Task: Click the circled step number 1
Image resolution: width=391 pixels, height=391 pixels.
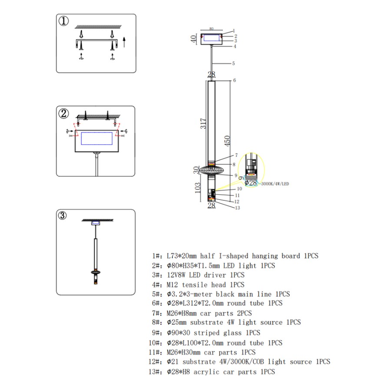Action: [x=64, y=21]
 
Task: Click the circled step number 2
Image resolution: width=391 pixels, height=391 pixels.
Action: [x=64, y=114]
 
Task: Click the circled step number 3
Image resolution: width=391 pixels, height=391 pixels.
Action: [x=63, y=215]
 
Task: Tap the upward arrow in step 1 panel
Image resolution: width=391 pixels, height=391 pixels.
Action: [x=124, y=42]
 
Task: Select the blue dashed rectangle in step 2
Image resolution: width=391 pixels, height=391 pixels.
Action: [x=96, y=138]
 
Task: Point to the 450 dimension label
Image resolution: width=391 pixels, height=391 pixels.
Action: [x=227, y=140]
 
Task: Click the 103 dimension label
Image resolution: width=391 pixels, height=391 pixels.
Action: [x=198, y=188]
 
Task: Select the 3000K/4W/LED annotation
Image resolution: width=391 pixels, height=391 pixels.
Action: [x=275, y=184]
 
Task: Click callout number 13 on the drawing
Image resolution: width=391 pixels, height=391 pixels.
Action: [x=237, y=208]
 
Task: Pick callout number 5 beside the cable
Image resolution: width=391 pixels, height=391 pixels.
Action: [x=233, y=63]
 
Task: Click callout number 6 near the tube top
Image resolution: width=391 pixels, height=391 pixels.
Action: [x=234, y=80]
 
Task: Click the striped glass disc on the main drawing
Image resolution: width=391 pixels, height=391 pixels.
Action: [x=212, y=169]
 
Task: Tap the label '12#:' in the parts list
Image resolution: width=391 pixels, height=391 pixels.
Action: [x=156, y=361]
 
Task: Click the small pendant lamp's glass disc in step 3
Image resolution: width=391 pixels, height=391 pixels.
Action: [x=95, y=272]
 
